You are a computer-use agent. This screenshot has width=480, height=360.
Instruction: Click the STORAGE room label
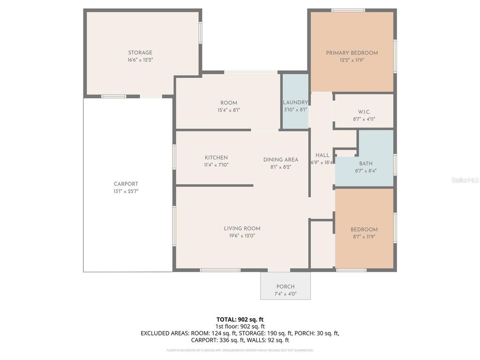(x=140, y=53)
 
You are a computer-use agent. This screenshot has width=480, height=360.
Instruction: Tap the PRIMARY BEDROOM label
(x=352, y=53)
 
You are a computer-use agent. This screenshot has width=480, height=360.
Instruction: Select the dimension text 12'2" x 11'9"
(x=352, y=60)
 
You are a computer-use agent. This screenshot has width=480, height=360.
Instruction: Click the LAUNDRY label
(x=295, y=103)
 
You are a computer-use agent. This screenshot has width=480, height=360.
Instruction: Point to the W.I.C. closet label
(x=364, y=112)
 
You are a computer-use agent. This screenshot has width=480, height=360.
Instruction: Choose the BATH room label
(x=366, y=164)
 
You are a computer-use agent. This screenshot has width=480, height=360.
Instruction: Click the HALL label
(x=322, y=155)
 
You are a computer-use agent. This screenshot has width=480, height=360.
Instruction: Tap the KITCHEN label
(x=216, y=157)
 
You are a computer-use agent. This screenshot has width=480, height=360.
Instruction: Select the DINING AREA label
(x=280, y=159)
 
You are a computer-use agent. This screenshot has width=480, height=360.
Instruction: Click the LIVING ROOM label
(x=242, y=229)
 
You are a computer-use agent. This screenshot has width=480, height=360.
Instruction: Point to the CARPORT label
(x=126, y=184)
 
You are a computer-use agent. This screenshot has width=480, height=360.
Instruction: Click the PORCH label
(x=285, y=287)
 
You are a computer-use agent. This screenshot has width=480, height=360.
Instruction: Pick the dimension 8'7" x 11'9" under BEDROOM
(x=364, y=237)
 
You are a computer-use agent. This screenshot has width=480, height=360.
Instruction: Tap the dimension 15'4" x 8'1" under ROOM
(x=229, y=110)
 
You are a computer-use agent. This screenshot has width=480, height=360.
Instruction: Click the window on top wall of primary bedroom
(x=348, y=10)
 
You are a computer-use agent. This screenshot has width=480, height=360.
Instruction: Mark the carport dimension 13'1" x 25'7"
(x=126, y=191)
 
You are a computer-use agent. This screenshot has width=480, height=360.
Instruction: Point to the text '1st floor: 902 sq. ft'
(x=240, y=326)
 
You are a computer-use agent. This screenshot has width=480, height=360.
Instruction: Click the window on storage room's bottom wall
(x=113, y=97)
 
